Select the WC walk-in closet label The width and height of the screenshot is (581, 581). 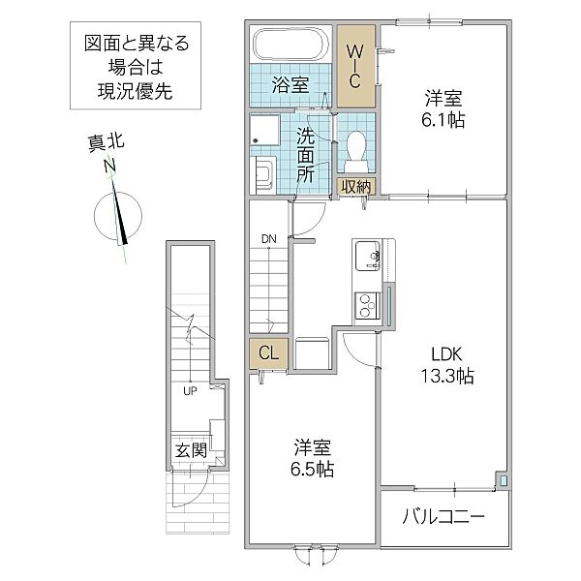[355, 65]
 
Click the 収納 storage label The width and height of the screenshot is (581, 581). [355, 186]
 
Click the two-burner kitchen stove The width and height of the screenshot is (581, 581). [368, 306]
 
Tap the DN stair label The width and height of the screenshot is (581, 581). [266, 238]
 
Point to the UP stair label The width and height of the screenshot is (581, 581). [190, 392]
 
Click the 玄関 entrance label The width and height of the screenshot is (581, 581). [190, 450]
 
